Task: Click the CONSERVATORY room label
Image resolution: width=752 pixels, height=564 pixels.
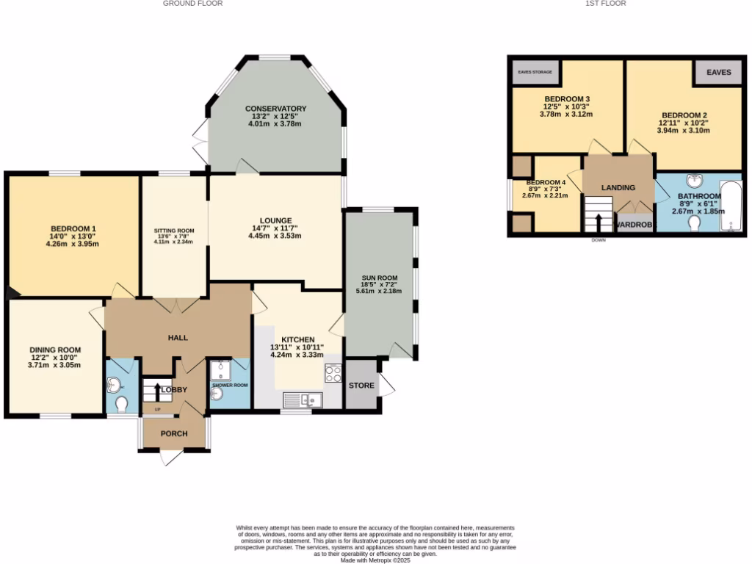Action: [275, 109]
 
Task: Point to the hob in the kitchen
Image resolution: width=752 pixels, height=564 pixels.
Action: [333, 372]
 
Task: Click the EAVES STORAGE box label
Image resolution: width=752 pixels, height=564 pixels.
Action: [535, 73]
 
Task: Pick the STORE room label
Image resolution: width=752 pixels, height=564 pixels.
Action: [361, 386]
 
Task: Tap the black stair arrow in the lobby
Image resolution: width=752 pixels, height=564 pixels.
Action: [156, 390]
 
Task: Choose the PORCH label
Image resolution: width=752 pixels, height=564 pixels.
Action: [174, 433]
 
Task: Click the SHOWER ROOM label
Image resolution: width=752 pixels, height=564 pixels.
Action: [230, 385]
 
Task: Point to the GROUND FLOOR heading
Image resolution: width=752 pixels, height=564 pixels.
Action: [192, 4]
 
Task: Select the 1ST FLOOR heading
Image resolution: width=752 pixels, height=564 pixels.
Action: [606, 4]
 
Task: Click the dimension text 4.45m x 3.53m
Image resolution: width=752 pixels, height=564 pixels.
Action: [275, 236]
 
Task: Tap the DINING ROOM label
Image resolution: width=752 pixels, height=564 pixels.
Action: [55, 350]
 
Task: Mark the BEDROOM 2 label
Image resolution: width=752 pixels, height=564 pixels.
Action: [684, 115]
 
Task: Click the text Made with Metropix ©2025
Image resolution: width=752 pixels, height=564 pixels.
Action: [375, 560]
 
